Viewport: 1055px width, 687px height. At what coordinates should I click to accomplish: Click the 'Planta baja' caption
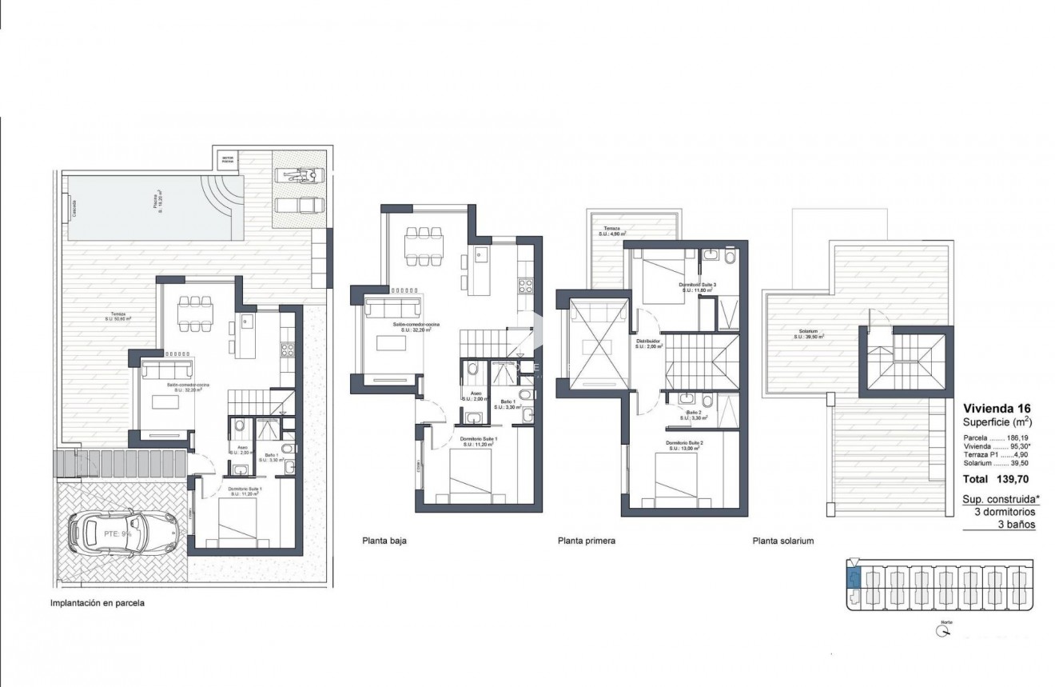click(x=384, y=541)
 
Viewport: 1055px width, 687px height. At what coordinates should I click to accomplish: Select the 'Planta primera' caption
click(x=587, y=541)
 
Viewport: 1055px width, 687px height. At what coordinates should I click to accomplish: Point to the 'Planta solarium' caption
click(x=782, y=541)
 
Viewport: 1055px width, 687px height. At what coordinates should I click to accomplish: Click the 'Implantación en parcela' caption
click(x=98, y=605)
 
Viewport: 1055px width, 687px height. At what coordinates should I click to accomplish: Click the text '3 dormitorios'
click(x=1005, y=512)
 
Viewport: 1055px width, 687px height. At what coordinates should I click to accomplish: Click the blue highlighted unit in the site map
click(x=854, y=579)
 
